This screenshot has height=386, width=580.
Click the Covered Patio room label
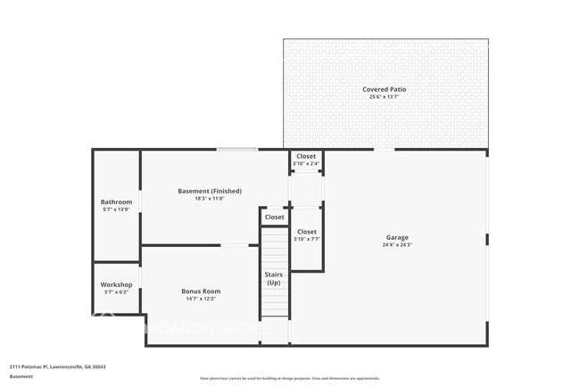point(385,89)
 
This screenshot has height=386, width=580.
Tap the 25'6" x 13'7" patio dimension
point(385,97)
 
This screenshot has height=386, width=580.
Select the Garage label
point(397,237)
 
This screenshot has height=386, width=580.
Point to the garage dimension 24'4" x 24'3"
point(397,245)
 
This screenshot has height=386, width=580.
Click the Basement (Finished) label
point(209,191)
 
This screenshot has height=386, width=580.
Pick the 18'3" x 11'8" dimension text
point(209,199)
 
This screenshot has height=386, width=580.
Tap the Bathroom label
point(116,202)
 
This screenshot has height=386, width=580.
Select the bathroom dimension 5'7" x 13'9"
point(116,209)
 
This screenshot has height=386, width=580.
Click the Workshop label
point(116,284)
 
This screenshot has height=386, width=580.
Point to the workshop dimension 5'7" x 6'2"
point(116,292)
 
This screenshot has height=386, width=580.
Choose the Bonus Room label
point(200,291)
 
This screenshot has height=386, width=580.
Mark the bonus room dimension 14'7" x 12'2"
point(200,299)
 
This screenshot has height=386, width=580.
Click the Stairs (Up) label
point(274,278)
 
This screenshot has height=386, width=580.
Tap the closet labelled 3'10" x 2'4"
point(306,160)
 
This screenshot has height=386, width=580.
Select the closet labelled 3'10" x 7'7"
point(306,235)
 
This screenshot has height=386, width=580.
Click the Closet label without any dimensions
point(274,217)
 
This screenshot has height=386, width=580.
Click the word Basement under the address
point(21,376)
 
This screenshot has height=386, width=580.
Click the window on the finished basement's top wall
point(237,149)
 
